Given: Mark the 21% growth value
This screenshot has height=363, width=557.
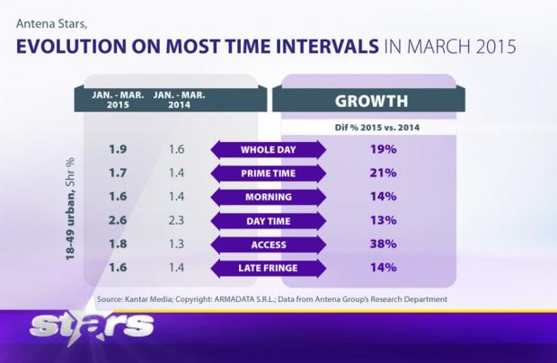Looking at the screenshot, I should [x=384, y=172].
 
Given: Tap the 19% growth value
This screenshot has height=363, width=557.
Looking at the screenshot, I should [x=384, y=149].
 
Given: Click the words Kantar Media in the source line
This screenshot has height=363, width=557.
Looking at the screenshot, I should [x=149, y=298].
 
